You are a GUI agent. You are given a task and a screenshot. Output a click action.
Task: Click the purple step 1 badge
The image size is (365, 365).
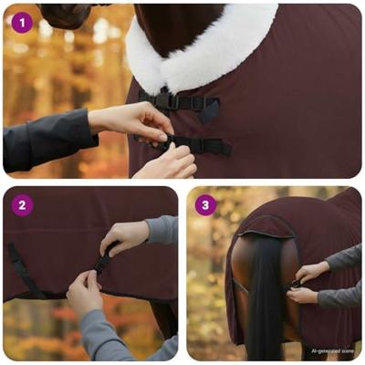tap(21, 23)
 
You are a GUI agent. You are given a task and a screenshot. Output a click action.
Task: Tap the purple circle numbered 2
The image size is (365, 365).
tap(23, 205)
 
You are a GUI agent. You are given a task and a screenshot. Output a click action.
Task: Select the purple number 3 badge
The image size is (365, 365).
tap(205, 205)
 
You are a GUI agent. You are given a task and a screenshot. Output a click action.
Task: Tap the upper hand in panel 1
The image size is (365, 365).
tap(137, 119)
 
